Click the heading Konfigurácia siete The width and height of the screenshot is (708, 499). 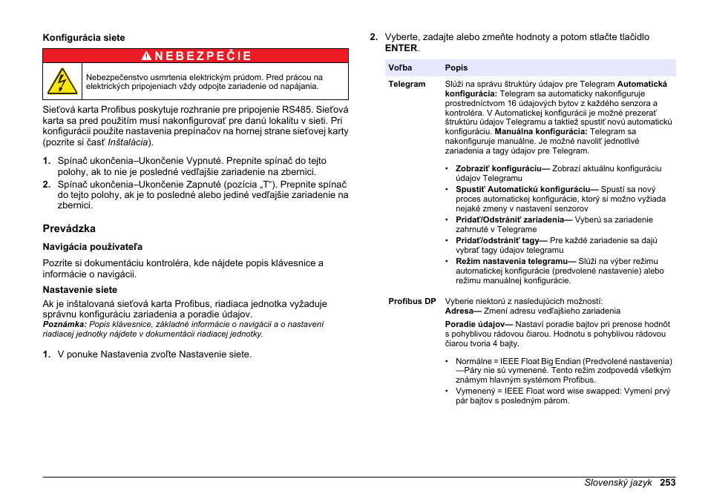(x=84, y=38)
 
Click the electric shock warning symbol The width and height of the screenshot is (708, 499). (x=62, y=81)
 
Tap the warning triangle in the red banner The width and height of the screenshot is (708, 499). (x=145, y=56)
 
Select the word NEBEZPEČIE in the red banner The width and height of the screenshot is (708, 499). (x=203, y=56)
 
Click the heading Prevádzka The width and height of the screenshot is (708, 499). (x=69, y=228)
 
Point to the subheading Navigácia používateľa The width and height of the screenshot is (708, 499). (x=92, y=246)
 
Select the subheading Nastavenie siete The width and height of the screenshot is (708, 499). (x=79, y=290)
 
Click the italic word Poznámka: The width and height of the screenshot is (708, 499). (x=65, y=324)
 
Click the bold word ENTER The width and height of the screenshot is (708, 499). (x=401, y=48)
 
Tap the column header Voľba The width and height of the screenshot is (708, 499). (x=400, y=68)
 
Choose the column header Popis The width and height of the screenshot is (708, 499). (x=456, y=68)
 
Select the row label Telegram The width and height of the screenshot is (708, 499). (x=407, y=84)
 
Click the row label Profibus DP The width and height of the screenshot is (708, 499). (x=412, y=301)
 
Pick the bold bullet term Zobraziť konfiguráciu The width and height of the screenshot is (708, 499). (x=501, y=168)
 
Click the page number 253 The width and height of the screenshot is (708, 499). (x=667, y=482)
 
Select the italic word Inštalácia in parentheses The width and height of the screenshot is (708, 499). (x=128, y=142)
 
